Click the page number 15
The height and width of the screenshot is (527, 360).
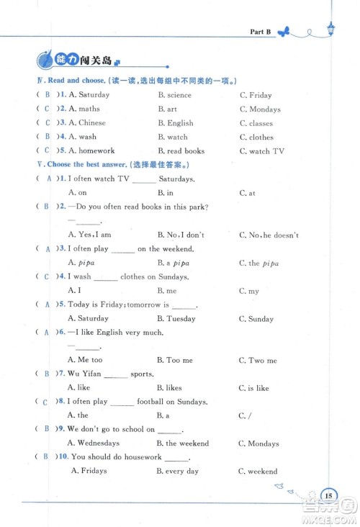[x=328, y=495]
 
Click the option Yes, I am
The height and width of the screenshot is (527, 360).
[x=94, y=235]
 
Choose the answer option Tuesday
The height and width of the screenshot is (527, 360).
[x=181, y=319]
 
